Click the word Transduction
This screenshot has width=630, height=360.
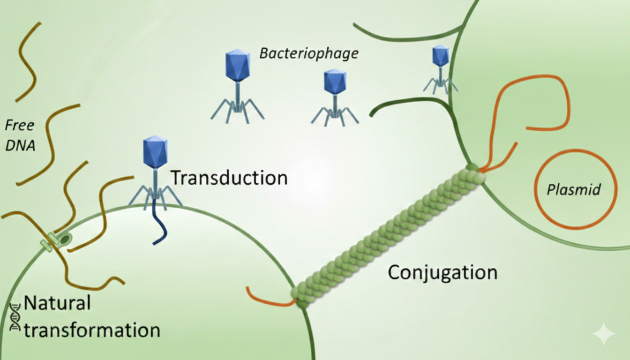click(x=229, y=178)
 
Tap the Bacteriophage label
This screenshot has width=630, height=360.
click(x=309, y=53)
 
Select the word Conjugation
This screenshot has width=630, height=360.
click(x=442, y=272)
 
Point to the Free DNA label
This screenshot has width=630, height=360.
click(x=20, y=135)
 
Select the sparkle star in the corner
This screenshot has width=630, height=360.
click(x=603, y=334)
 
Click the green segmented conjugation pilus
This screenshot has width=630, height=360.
click(x=389, y=234)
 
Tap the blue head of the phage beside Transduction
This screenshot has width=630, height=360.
click(x=155, y=152)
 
